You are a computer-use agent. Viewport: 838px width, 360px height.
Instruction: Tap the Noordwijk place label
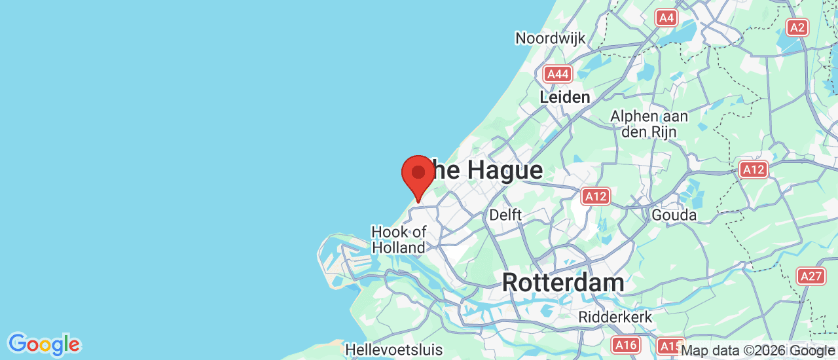(x=550, y=38)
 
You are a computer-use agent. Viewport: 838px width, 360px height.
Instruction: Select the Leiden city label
(x=564, y=97)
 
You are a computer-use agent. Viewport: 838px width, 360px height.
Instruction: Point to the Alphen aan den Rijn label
(x=649, y=124)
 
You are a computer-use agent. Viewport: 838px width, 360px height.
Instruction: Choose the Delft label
(x=505, y=215)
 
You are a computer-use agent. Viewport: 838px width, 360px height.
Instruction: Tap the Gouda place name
(x=674, y=215)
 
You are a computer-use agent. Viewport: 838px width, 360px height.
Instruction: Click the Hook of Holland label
(x=399, y=240)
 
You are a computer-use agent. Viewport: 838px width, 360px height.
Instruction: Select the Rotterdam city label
(x=563, y=283)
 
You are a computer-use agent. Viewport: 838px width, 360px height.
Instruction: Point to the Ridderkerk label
(x=615, y=317)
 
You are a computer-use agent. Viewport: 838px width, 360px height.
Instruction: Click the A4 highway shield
(x=666, y=18)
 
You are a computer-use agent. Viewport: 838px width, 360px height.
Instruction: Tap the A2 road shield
(x=797, y=27)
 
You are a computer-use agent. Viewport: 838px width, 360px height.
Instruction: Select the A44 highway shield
(x=558, y=74)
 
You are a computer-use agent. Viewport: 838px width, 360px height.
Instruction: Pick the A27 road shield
(x=811, y=276)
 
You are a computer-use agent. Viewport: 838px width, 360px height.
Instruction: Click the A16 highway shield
(x=626, y=344)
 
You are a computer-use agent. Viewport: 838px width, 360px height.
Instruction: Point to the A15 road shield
(x=669, y=346)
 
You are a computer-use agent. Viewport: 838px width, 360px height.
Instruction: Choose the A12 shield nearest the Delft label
(x=596, y=196)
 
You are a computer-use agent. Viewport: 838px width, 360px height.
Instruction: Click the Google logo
(x=44, y=344)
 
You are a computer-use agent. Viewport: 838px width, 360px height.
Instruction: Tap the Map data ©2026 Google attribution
(x=757, y=351)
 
